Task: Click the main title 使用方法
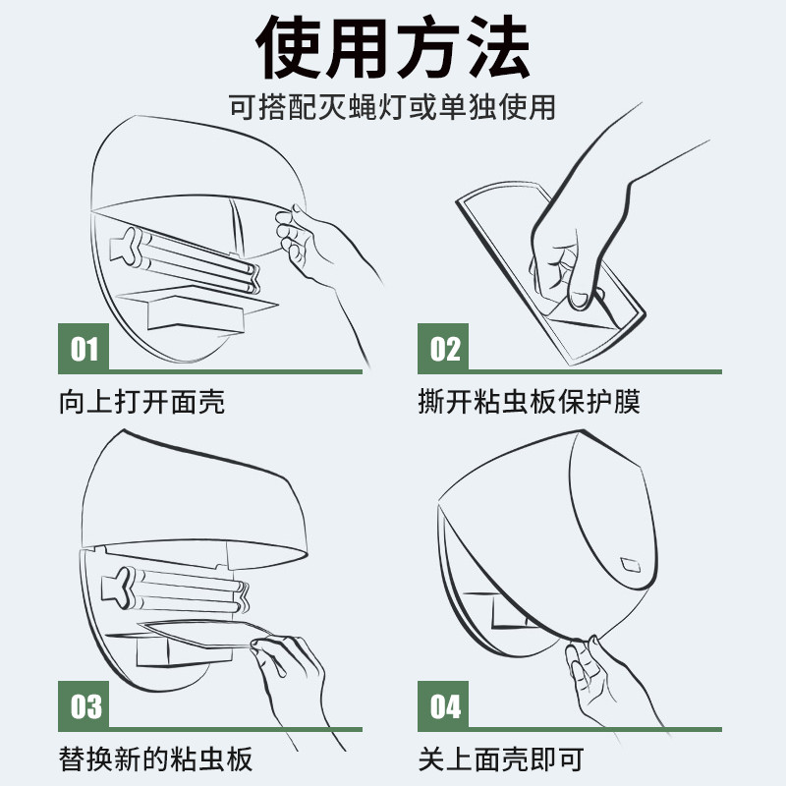(x=393, y=46)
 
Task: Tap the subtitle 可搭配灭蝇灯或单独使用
(x=392, y=107)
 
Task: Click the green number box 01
(x=84, y=349)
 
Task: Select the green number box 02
(x=443, y=349)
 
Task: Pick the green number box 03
(x=84, y=706)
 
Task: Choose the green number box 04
(x=443, y=706)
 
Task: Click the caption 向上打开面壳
(x=141, y=402)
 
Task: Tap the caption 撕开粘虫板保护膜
(x=530, y=402)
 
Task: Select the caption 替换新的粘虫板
(x=155, y=758)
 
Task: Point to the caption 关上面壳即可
(x=501, y=758)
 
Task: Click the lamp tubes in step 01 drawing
(x=186, y=259)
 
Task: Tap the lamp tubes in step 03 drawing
(x=176, y=590)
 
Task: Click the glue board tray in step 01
(x=196, y=309)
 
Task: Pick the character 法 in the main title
(x=496, y=46)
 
